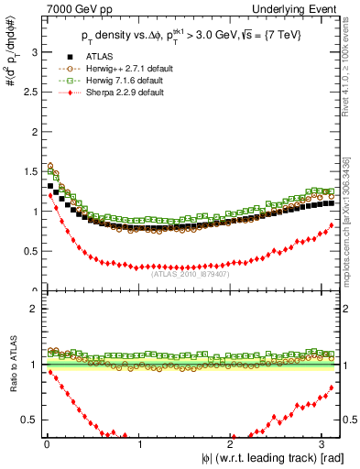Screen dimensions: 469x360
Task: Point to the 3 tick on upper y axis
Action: coord(33,53)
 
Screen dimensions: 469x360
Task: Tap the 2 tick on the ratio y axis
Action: coord(33,309)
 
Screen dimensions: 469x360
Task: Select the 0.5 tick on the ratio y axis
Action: coord(29,420)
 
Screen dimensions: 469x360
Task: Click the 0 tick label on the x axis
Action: coord(46,444)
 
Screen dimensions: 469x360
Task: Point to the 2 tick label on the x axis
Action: coord(232,444)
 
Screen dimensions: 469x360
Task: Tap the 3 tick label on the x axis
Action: coord(324,444)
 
